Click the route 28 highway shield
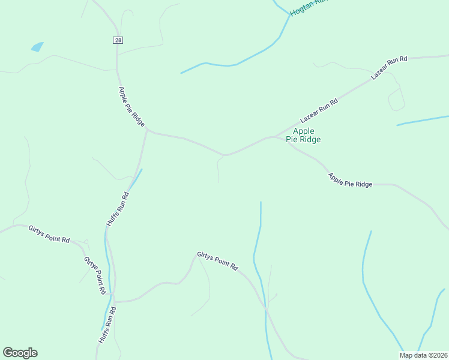coord(117,40)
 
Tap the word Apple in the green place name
coord(304,131)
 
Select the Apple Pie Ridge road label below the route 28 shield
coord(131,106)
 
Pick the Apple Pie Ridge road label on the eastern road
coord(350,180)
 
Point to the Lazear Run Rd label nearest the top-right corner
coord(389,68)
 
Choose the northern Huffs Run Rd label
coord(118,208)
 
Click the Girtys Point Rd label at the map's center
coord(218,262)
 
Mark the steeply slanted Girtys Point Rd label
coord(95,275)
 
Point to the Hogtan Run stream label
coord(309,7)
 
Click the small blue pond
coord(37,46)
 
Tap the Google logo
coord(20,353)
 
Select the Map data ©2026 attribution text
coord(424,355)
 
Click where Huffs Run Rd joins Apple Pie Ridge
coord(147,130)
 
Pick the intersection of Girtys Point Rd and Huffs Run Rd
coord(113,302)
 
